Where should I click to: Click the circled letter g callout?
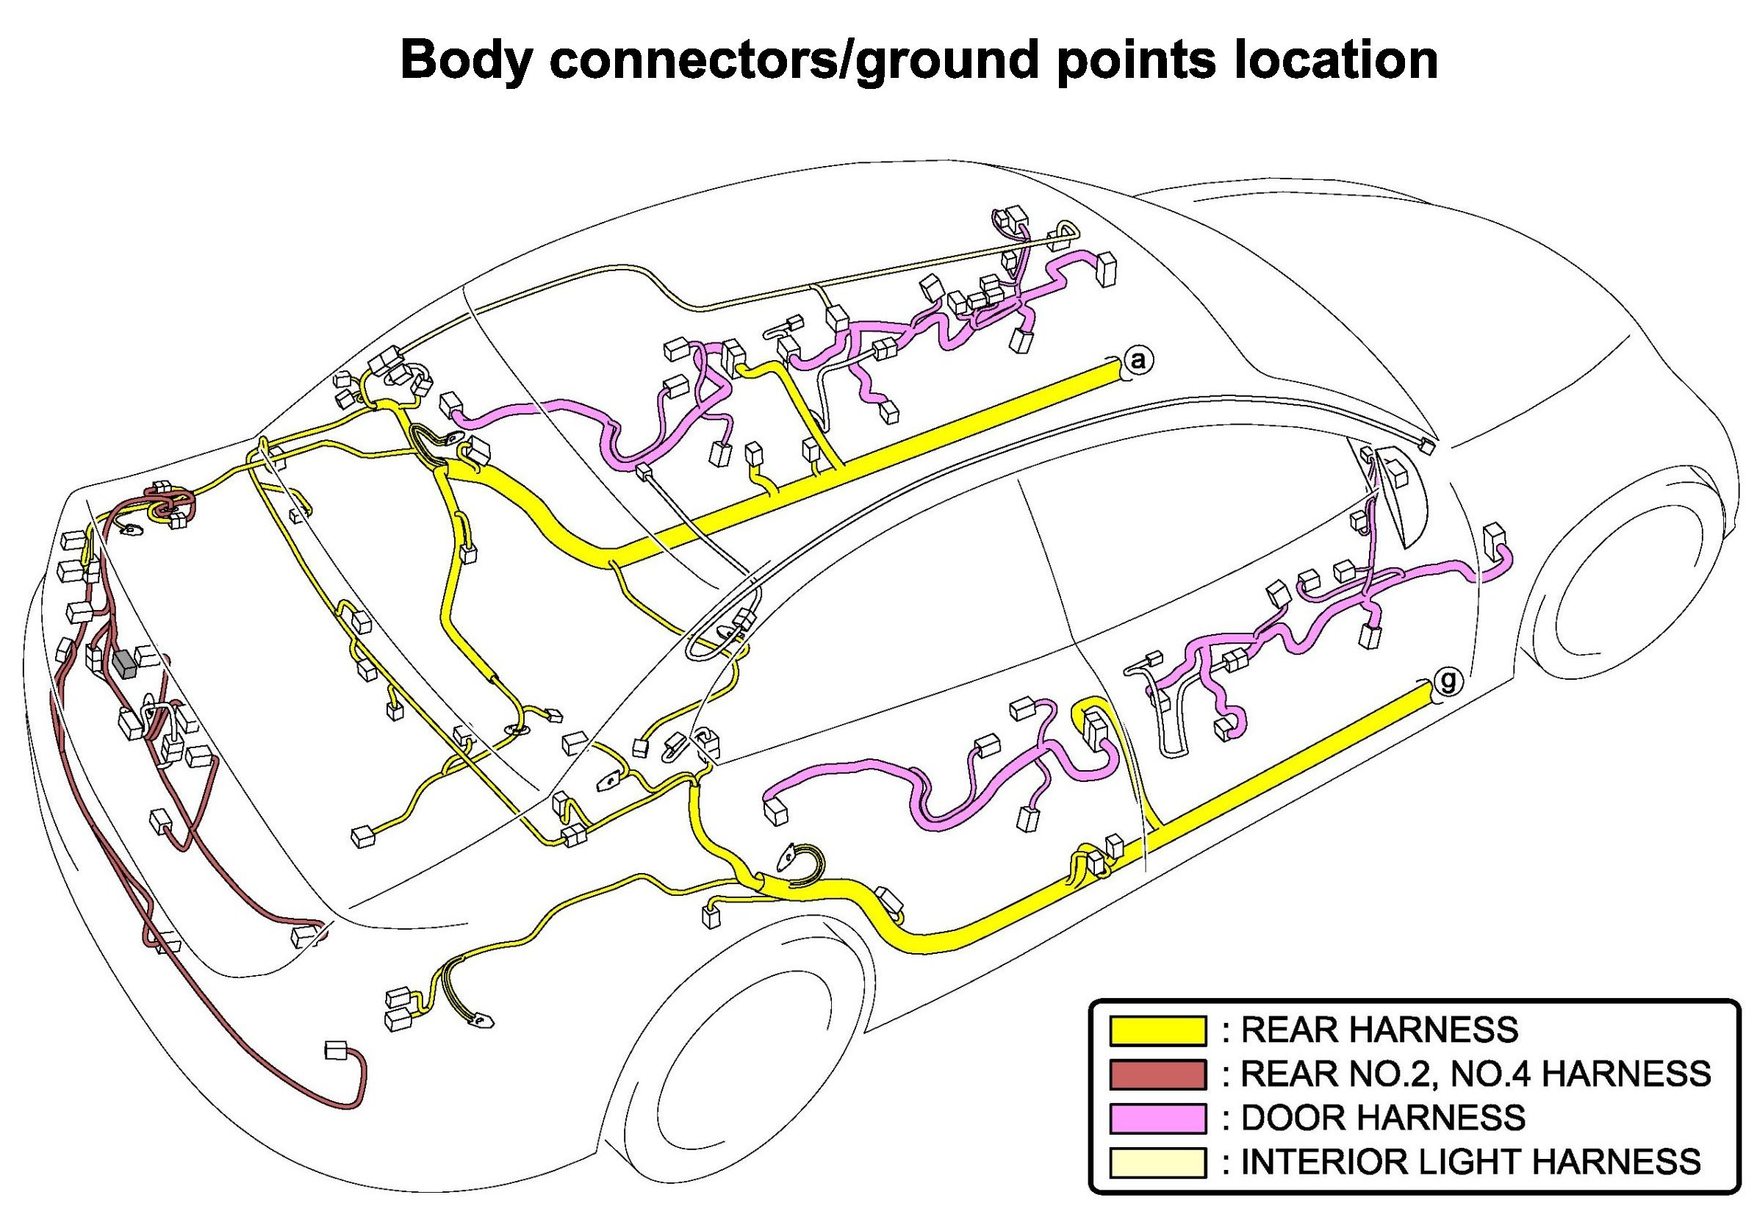click(x=1447, y=680)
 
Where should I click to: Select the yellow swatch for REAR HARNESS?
click(x=1157, y=1030)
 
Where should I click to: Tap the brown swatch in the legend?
click(x=1157, y=1074)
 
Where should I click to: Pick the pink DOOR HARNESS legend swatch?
click(x=1157, y=1118)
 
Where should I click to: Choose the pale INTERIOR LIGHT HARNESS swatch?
click(x=1157, y=1161)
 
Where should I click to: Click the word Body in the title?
click(x=465, y=60)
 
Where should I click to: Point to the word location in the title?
click(x=1336, y=60)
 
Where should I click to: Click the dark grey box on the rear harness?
click(x=124, y=664)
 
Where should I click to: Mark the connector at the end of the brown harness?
click(x=335, y=1049)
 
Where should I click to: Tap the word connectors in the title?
click(x=689, y=60)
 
